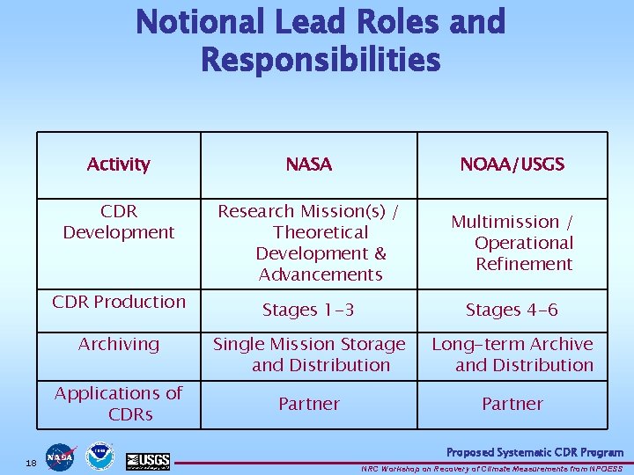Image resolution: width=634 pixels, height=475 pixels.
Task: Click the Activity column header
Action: tap(119, 164)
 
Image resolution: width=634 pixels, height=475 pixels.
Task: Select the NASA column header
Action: tap(309, 164)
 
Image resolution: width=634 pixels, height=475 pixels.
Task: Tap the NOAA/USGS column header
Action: tap(512, 164)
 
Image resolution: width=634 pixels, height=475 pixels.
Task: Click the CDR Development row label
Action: tap(119, 222)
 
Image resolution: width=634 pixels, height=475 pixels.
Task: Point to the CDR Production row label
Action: tap(119, 302)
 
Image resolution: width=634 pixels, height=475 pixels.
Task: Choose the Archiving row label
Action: tap(119, 344)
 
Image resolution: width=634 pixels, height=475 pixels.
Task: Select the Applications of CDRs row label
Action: tap(119, 403)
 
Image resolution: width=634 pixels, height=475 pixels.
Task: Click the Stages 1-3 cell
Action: tap(309, 310)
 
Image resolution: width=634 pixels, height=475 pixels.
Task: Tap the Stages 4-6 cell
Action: tap(512, 310)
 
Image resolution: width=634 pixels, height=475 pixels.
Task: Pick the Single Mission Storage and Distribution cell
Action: tap(310, 354)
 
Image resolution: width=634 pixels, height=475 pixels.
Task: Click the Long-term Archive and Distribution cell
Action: tap(512, 354)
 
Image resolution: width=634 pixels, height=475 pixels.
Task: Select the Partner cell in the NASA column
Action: tap(309, 404)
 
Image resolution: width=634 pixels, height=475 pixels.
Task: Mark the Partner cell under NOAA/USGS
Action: tap(512, 404)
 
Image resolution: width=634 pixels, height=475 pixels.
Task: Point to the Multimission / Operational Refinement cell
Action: tap(512, 243)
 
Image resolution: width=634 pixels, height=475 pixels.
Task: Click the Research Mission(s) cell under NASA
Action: tap(309, 243)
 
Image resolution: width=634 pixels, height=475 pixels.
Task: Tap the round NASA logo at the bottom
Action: tap(62, 457)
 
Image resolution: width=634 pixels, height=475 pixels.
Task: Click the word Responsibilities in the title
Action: tap(321, 60)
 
